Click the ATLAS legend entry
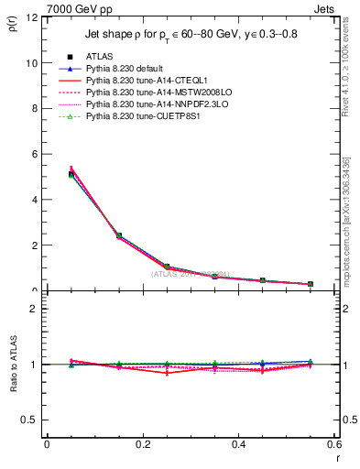coord(101,58)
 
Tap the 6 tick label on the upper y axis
coord(33,155)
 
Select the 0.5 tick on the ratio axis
coord(29,420)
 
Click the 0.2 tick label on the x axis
coord(142,444)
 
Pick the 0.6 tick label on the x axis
coord(333,444)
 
